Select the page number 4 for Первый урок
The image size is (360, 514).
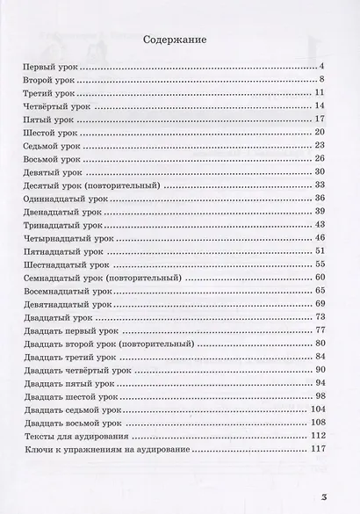coord(323,67)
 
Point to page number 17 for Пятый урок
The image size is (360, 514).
coord(320,119)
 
